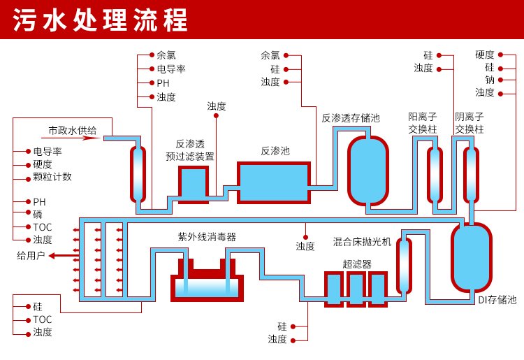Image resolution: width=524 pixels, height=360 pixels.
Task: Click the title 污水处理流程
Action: tap(101, 20)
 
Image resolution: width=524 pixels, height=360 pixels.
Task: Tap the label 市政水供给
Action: tap(72, 130)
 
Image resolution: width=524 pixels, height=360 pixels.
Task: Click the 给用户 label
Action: tap(31, 255)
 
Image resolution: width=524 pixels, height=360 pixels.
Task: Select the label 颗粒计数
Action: tap(52, 177)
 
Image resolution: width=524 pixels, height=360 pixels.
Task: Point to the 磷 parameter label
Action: tap(38, 215)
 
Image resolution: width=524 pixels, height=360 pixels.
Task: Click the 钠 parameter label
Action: tap(490, 80)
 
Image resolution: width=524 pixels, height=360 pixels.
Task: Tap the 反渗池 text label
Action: tap(275, 151)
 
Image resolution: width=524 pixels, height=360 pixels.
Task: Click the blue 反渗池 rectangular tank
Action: tap(274, 182)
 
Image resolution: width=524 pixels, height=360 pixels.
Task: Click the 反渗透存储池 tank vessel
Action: tap(367, 171)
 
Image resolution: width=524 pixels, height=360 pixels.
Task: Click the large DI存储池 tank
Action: tap(472, 257)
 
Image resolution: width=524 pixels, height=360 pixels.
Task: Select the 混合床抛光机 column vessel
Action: tap(404, 266)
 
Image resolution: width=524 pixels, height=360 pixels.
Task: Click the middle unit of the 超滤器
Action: tap(356, 289)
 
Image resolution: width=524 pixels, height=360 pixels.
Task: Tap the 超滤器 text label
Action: tap(357, 264)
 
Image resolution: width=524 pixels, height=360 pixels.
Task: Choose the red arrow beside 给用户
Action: tap(61, 256)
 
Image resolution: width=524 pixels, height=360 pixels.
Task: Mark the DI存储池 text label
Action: tap(497, 300)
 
